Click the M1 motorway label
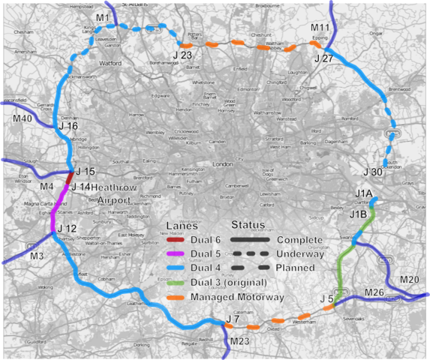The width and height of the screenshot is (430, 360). tap(103, 17)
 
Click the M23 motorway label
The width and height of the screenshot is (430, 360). tap(239, 341)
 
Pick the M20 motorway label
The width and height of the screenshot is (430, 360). tap(410, 280)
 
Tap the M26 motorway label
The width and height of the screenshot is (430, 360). tap(374, 292)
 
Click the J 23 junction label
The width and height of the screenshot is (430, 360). tap(182, 55)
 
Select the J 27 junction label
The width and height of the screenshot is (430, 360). tap(323, 58)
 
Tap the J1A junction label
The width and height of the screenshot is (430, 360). tap(365, 194)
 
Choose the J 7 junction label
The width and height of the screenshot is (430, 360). tap(233, 321)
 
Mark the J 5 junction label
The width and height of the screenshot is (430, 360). tap(326, 299)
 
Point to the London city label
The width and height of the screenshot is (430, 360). tap(222, 164)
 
